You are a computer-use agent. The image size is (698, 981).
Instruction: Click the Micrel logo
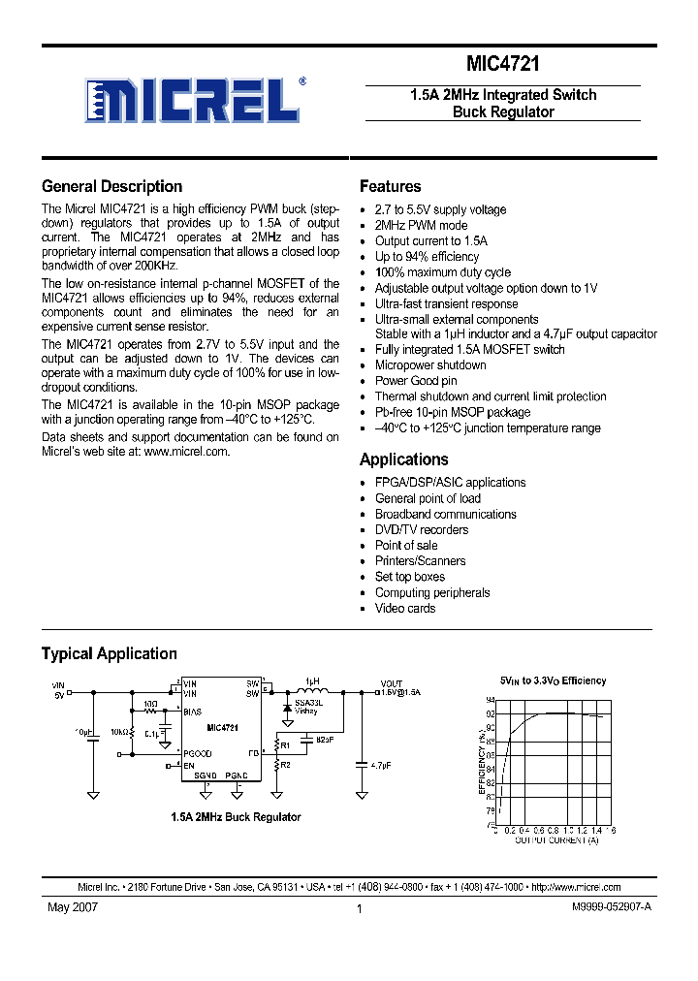point(193,100)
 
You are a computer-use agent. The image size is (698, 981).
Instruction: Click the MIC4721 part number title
point(503,65)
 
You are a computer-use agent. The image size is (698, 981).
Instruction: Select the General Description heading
point(111,187)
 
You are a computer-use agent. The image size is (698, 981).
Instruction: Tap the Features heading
point(390,187)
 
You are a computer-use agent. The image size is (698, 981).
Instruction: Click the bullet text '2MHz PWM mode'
point(421,225)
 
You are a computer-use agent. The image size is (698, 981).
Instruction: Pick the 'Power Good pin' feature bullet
point(416,381)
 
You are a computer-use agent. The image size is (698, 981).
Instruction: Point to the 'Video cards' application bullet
point(405,608)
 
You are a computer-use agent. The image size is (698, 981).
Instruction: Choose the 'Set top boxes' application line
point(411,577)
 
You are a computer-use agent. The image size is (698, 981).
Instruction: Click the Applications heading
point(403,459)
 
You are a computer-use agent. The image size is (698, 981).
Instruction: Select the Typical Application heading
point(109,653)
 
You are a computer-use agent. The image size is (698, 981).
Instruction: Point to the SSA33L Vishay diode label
point(306,707)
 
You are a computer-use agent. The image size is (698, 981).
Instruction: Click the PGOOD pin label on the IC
point(198,753)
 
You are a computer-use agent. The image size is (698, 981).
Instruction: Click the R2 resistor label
point(285,765)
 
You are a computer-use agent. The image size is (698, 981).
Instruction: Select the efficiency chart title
point(553,680)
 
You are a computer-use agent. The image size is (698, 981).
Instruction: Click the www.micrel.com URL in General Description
point(186,451)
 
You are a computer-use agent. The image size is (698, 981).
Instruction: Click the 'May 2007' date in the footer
point(73,908)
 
